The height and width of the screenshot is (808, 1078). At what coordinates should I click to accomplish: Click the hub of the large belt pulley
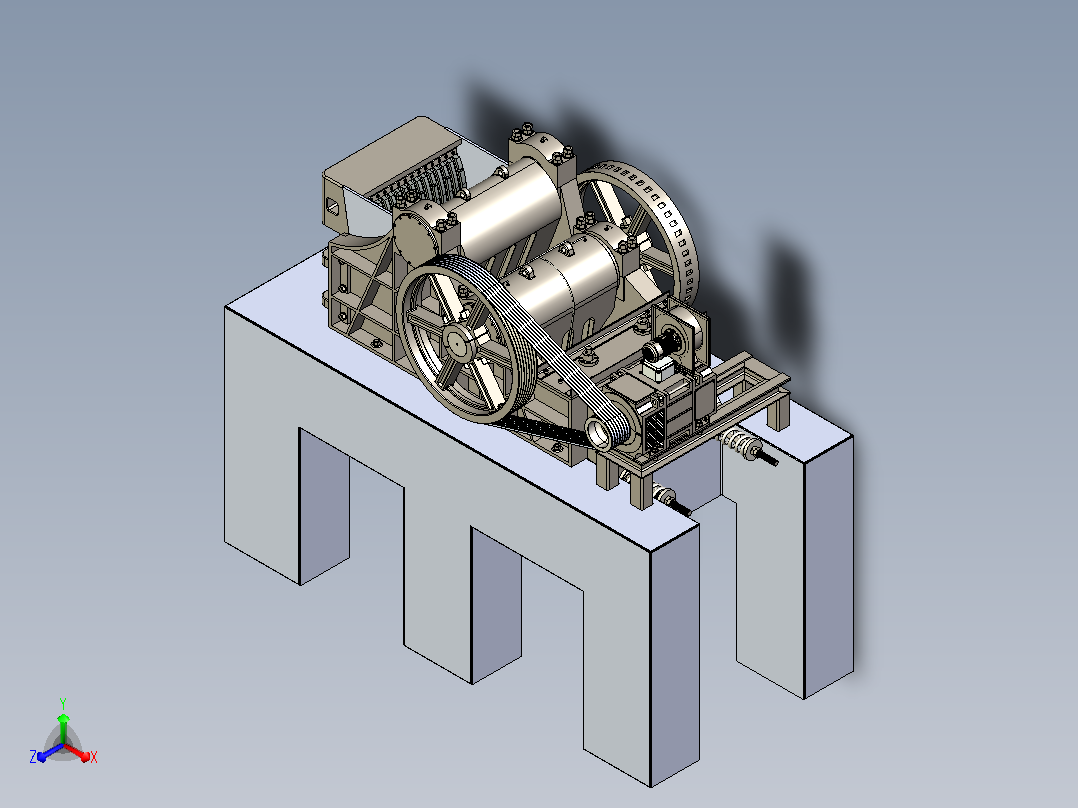[x=456, y=342]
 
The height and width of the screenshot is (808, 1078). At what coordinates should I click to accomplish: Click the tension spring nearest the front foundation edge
[x=664, y=495]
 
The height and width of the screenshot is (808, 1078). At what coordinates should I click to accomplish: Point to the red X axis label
[x=94, y=757]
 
